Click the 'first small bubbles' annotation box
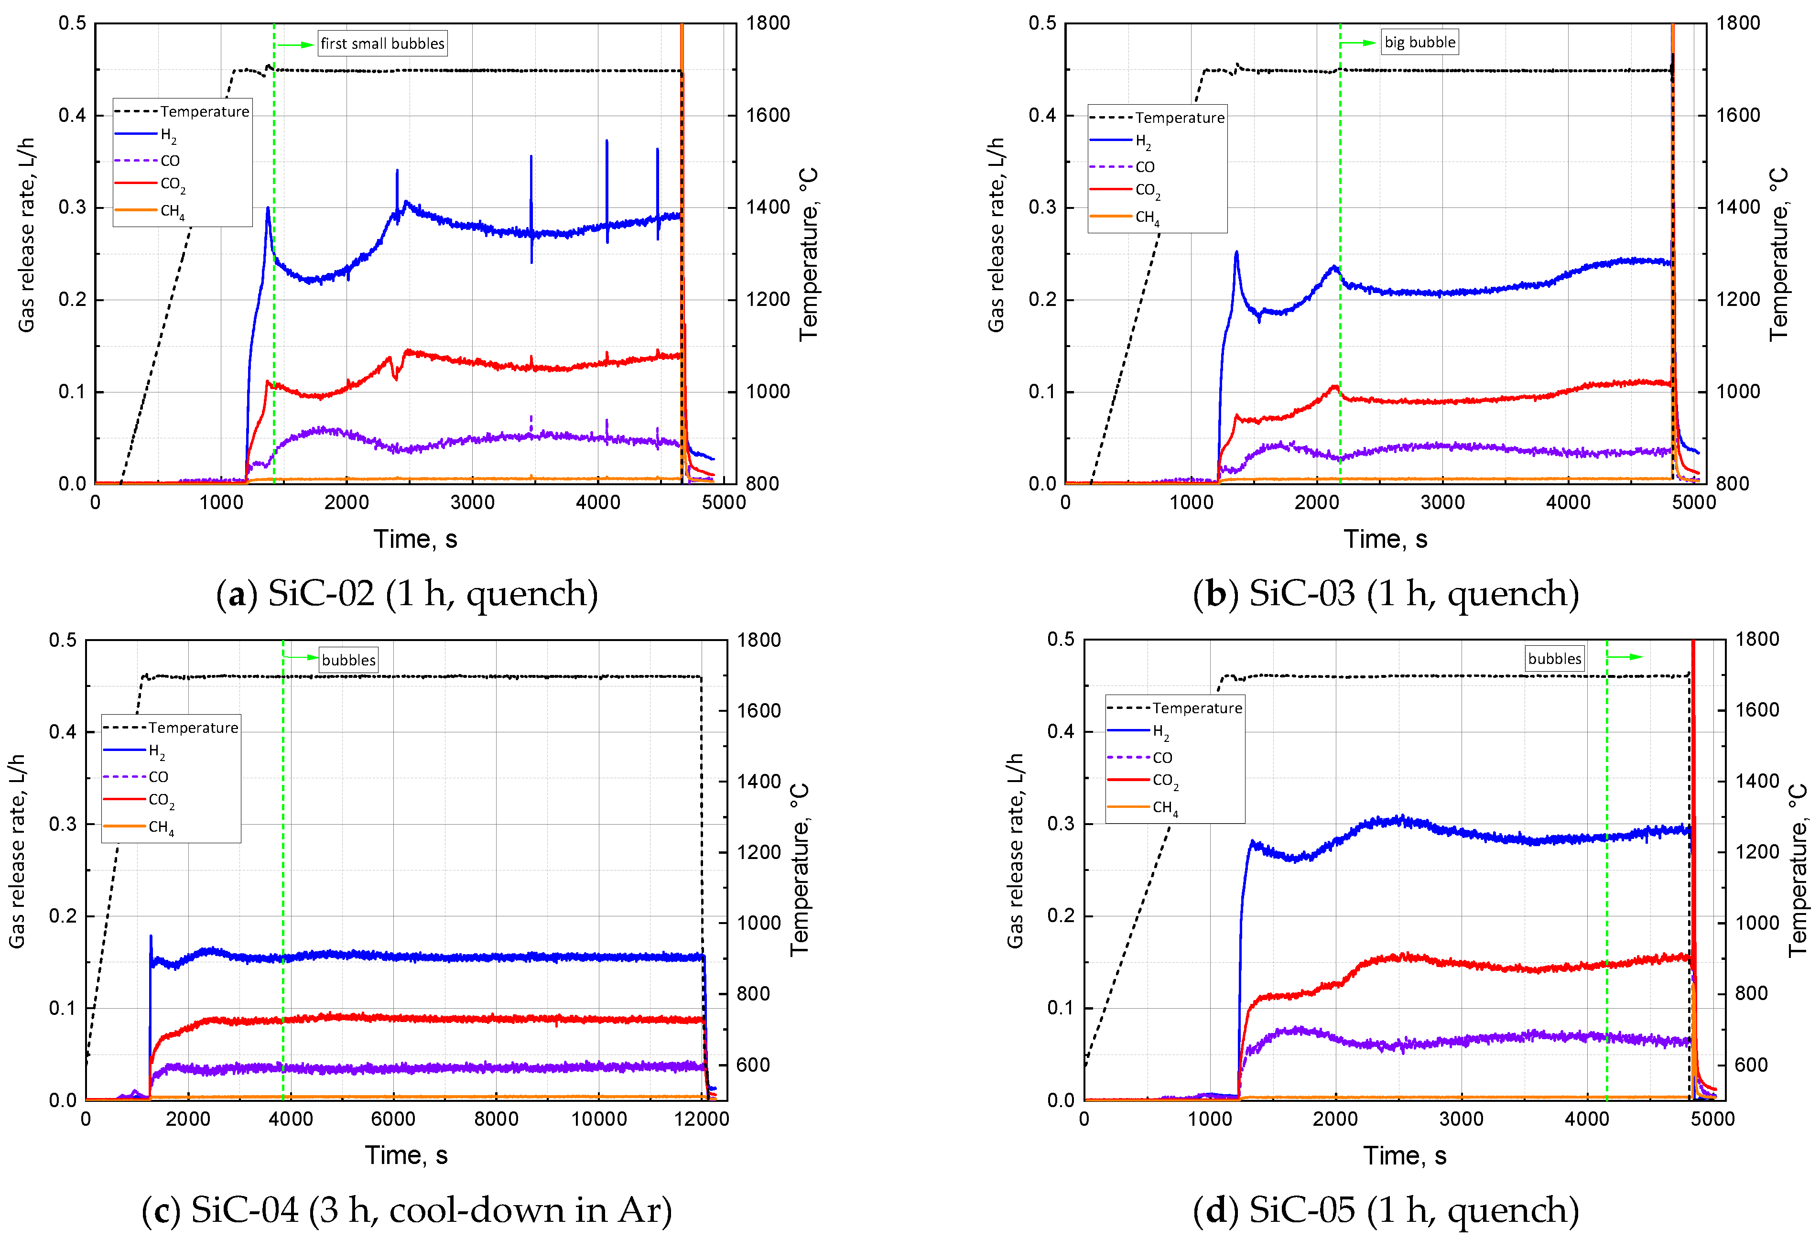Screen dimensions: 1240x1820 click(x=382, y=43)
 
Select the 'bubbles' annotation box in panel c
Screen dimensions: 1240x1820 click(x=348, y=660)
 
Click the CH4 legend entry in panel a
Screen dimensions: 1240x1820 click(x=172, y=211)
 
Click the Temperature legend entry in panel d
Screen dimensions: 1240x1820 click(x=1197, y=708)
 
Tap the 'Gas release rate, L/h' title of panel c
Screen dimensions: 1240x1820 click(x=17, y=851)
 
